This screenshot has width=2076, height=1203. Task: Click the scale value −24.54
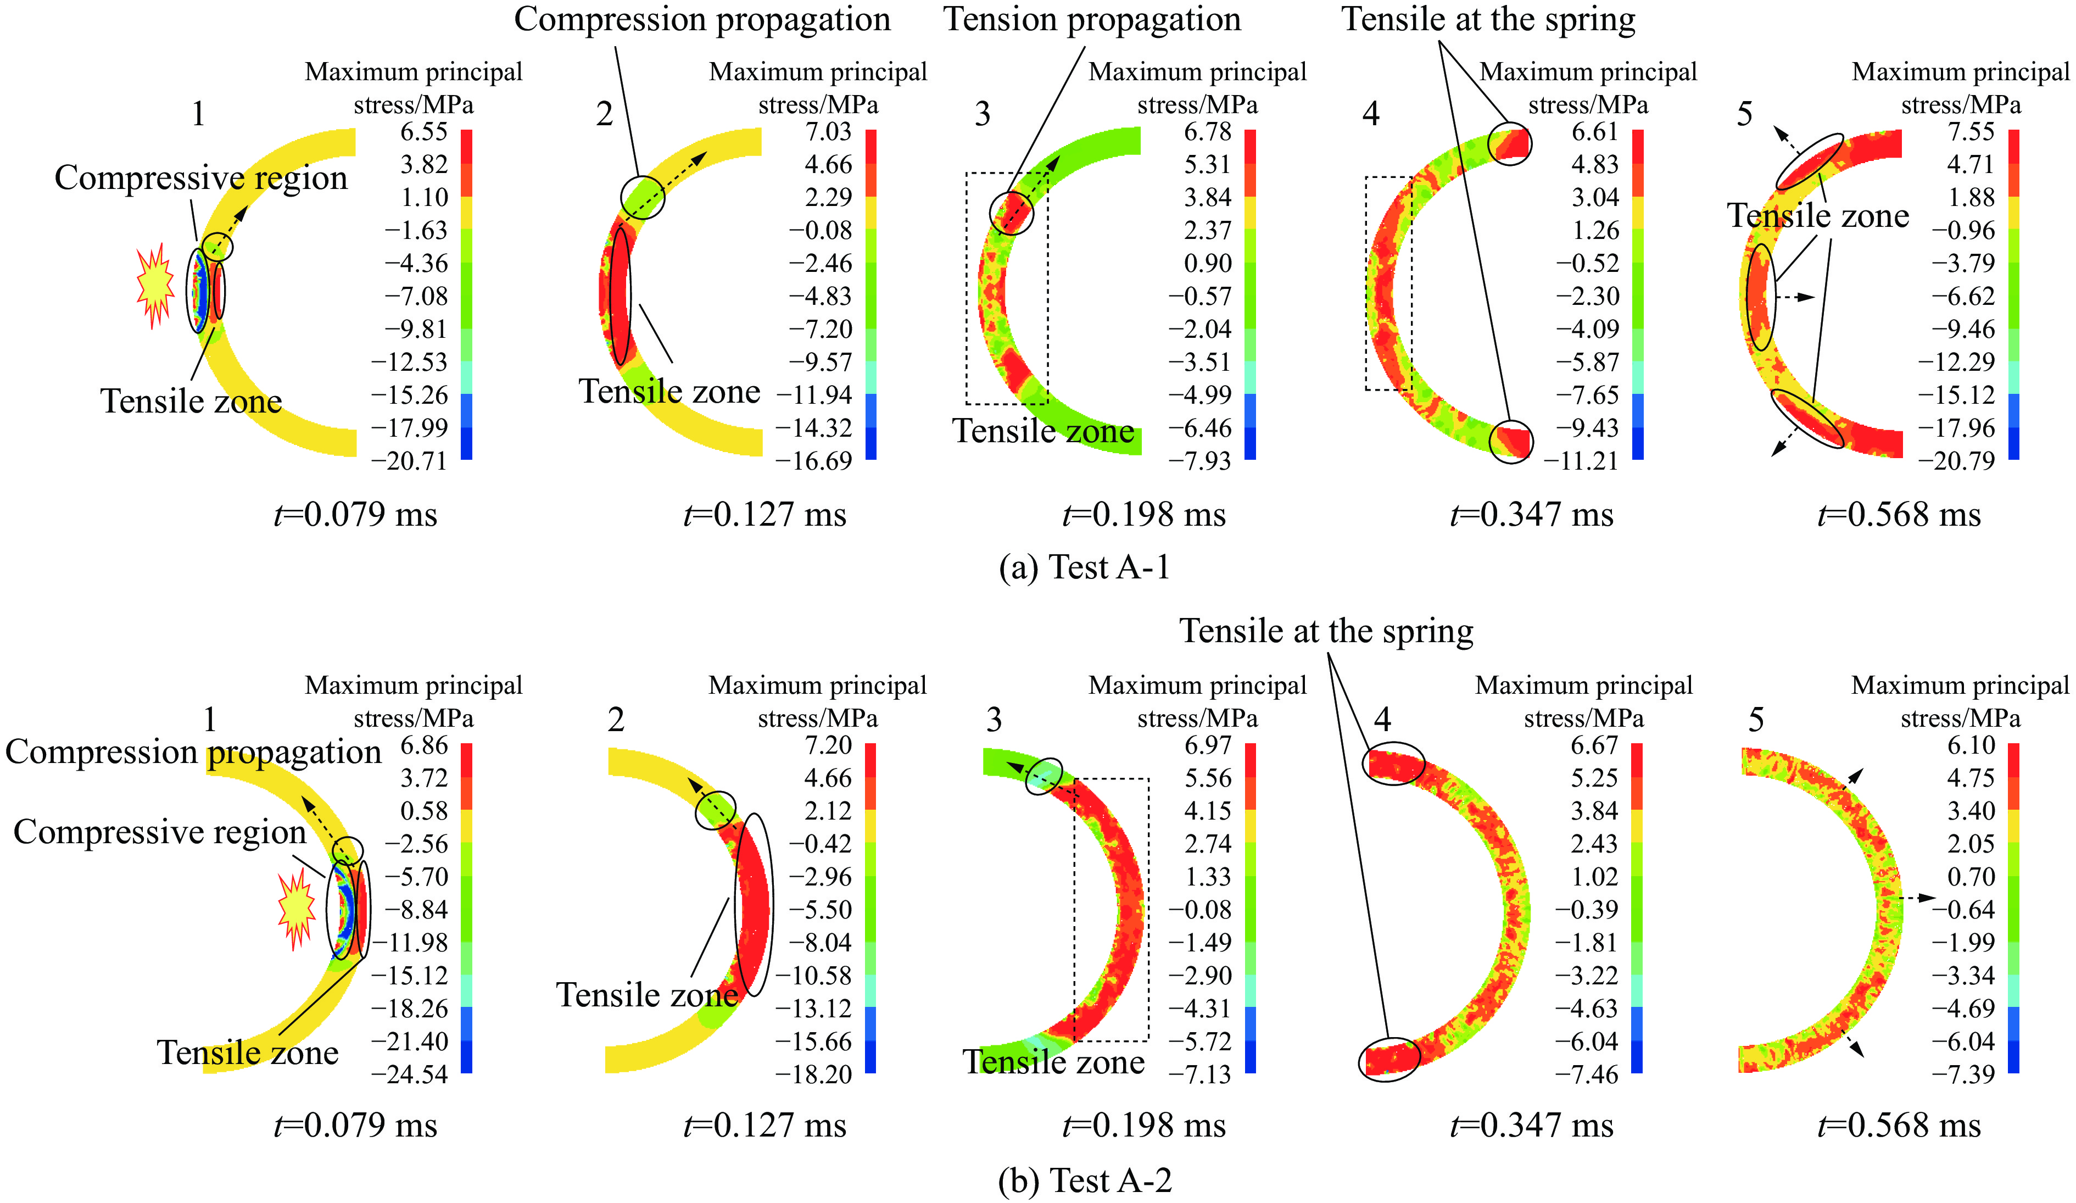[410, 1074]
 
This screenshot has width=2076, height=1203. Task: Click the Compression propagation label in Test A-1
[702, 20]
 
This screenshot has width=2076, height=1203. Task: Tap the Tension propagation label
[1092, 20]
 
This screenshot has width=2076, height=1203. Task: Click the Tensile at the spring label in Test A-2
[1326, 631]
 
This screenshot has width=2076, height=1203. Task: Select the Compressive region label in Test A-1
[201, 178]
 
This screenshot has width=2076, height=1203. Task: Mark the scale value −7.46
[1587, 1074]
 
